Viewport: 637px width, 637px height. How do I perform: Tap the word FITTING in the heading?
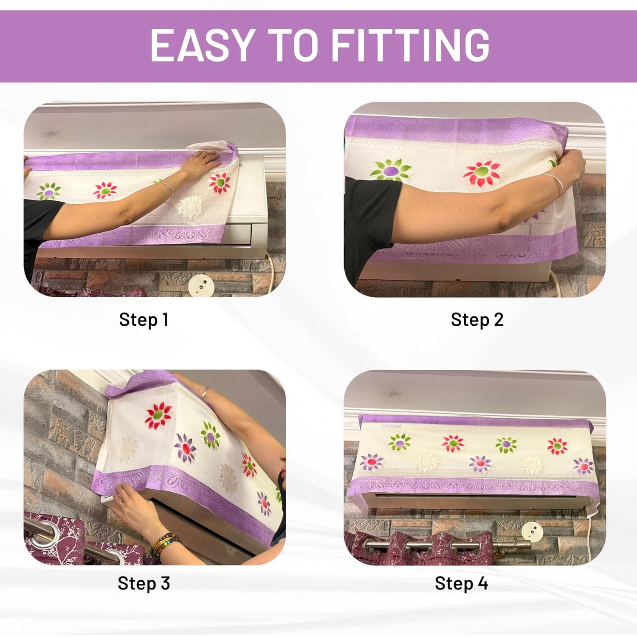click(x=410, y=45)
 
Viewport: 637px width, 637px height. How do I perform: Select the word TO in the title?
click(x=293, y=45)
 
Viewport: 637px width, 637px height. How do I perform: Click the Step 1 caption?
click(x=144, y=320)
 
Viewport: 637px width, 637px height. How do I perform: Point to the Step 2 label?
click(x=477, y=320)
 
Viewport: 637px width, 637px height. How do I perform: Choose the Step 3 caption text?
click(x=144, y=583)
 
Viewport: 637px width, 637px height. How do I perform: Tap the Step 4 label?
click(x=461, y=583)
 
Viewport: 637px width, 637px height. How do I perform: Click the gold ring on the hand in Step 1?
click(x=206, y=161)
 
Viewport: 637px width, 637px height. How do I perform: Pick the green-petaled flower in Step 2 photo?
click(x=391, y=170)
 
